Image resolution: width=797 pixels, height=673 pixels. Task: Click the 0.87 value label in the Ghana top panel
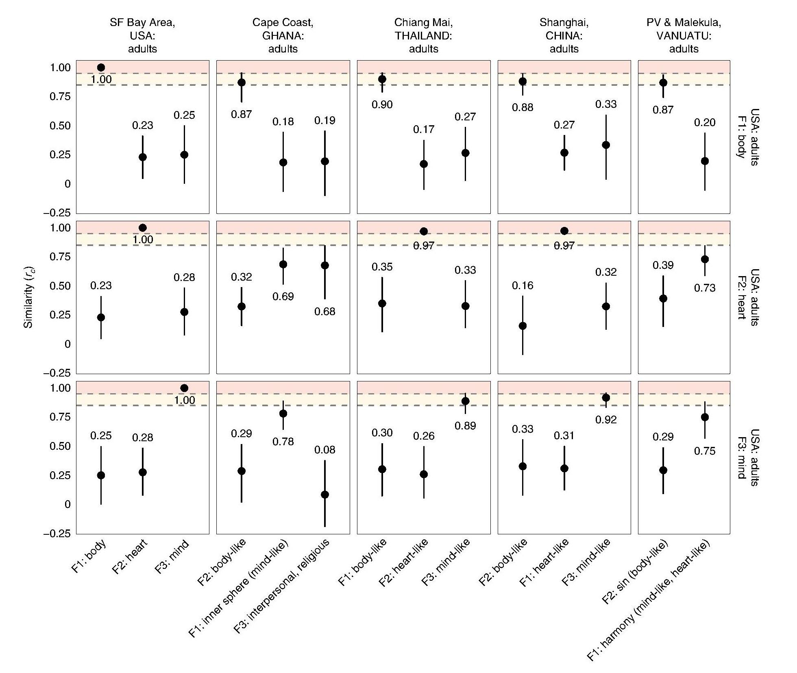click(x=241, y=115)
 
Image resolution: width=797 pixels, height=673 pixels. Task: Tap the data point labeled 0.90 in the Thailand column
click(x=382, y=79)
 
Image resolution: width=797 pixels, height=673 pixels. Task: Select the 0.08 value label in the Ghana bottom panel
click(x=324, y=450)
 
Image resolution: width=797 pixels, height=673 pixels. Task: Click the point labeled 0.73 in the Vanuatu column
click(x=705, y=259)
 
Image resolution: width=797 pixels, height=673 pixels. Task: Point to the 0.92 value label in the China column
click(x=606, y=420)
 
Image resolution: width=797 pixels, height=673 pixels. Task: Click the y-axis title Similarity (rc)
click(x=28, y=297)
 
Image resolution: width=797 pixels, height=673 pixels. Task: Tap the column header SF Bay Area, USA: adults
click(x=142, y=36)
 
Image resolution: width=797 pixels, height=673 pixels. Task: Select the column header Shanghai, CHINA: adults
click(x=564, y=36)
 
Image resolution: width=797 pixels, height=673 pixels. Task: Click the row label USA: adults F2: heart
click(x=747, y=297)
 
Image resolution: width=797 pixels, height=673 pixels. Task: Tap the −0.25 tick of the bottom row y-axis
click(x=57, y=534)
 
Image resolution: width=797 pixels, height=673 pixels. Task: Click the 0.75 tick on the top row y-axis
click(x=60, y=96)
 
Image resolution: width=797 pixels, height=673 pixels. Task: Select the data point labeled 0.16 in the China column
click(x=523, y=326)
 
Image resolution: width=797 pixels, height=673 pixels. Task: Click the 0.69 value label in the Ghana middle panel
click(x=283, y=296)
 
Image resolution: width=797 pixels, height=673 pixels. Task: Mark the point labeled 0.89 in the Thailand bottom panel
click(x=465, y=401)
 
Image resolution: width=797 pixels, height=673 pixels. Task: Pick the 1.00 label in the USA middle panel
click(x=142, y=240)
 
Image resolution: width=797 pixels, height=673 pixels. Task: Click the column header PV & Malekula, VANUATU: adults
click(x=684, y=36)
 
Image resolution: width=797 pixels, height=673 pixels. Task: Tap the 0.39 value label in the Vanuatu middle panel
click(x=663, y=266)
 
